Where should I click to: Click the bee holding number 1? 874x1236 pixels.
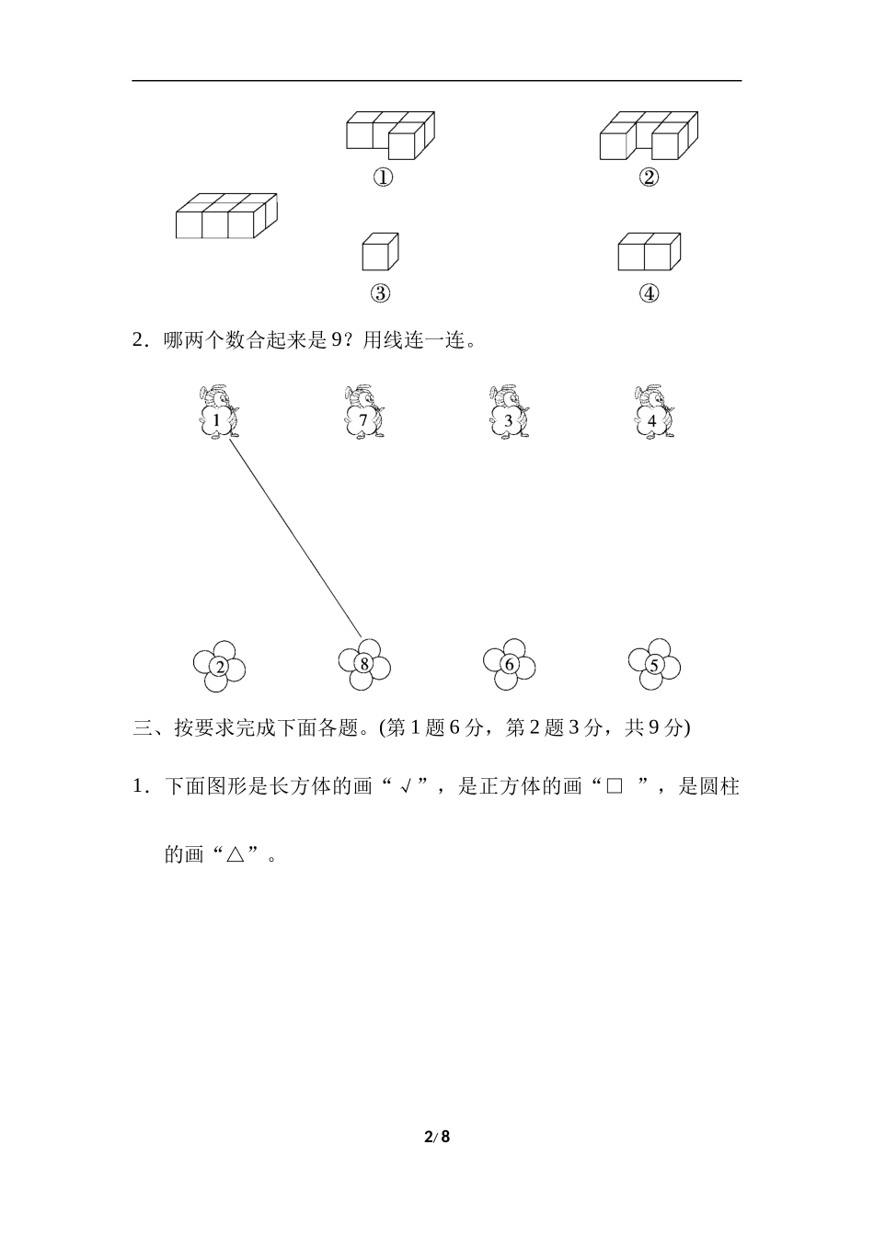(219, 413)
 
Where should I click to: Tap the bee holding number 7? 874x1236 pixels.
(364, 413)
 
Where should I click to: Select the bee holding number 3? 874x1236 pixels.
(509, 413)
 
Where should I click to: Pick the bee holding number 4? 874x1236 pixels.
(653, 413)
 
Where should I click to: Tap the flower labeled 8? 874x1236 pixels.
(364, 664)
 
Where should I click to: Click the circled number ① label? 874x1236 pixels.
(383, 177)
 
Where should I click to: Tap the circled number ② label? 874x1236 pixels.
(649, 177)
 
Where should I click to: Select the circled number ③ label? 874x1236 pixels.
(380, 293)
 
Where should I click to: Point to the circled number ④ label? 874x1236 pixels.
(649, 293)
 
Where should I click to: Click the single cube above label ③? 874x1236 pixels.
(380, 251)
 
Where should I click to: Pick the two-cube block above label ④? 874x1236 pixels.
(649, 251)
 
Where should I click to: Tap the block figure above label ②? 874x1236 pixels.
(648, 135)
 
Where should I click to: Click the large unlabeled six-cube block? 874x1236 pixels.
(226, 216)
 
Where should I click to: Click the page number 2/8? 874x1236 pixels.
(437, 1137)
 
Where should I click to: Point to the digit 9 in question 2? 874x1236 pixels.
(336, 341)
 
